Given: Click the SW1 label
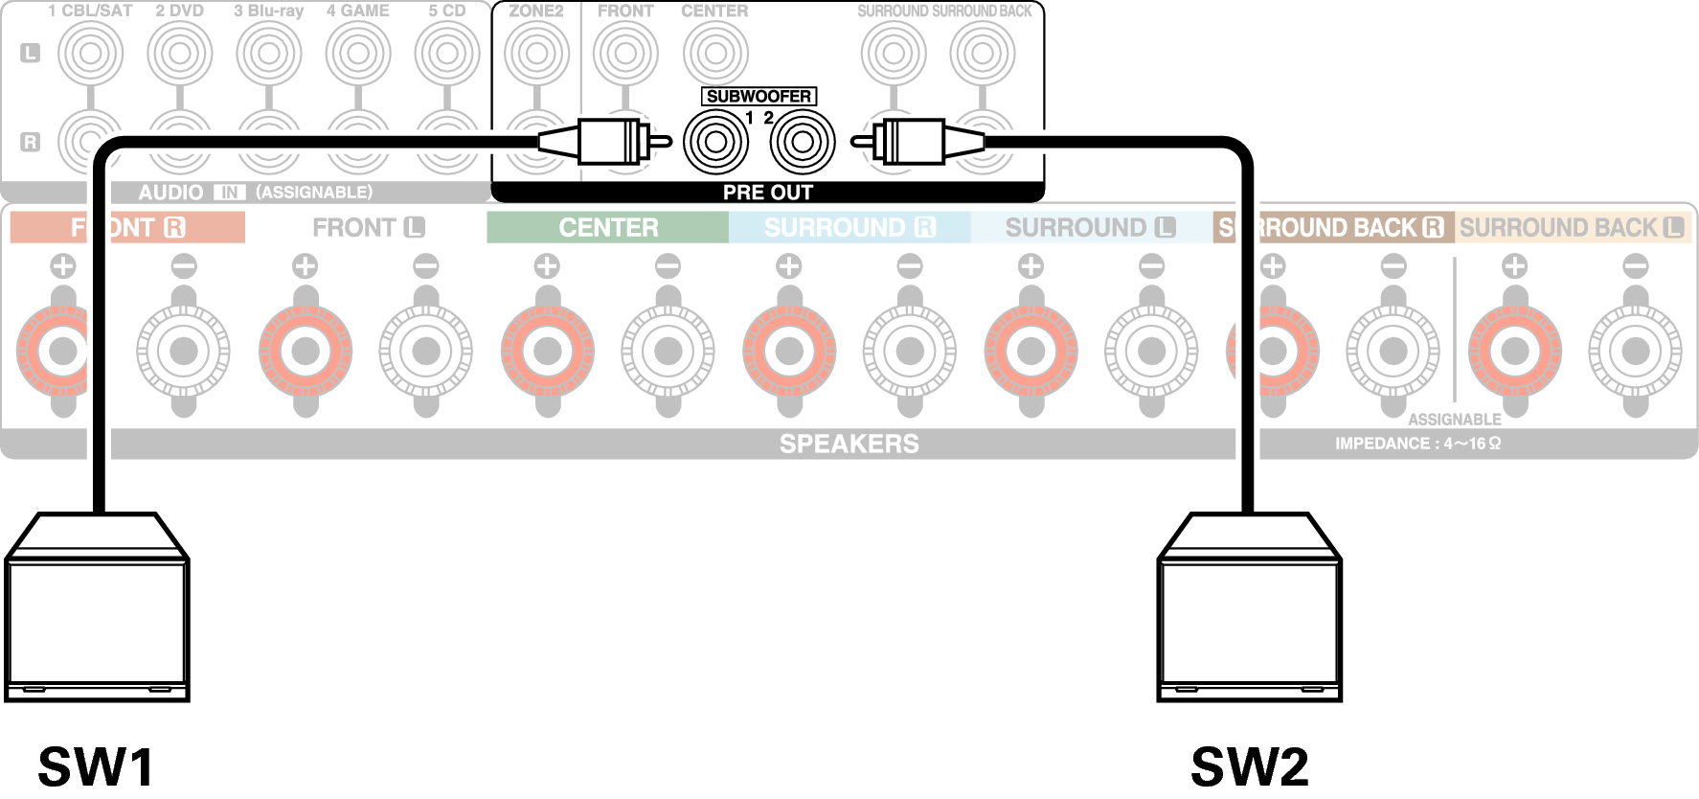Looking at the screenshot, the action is coord(96,766).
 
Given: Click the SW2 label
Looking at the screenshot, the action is coord(1250,766).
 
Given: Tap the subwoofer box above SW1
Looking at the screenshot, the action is coord(97,607).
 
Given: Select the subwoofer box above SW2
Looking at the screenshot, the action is coord(1250,607).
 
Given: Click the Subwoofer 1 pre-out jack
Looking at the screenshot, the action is coord(715,142).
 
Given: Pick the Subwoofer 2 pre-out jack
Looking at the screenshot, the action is coord(804,142).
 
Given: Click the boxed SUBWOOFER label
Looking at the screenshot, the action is coord(759,96).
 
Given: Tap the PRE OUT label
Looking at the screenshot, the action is coord(768,193).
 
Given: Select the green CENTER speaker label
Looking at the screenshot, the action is coord(608,227).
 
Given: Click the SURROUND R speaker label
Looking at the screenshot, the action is coord(849,227).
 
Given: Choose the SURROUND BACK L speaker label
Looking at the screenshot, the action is coord(1572,227).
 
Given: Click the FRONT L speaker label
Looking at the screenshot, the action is coord(369,227).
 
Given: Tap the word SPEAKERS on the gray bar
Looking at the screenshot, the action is coord(849,444).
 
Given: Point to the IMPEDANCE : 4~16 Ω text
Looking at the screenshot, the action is coord(1418,444).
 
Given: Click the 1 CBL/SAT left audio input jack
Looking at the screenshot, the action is coord(91,53).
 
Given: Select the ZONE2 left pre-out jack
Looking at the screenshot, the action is coord(536,53).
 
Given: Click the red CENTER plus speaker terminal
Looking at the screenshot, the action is coord(548,351).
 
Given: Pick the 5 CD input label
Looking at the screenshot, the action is coord(447,11).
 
